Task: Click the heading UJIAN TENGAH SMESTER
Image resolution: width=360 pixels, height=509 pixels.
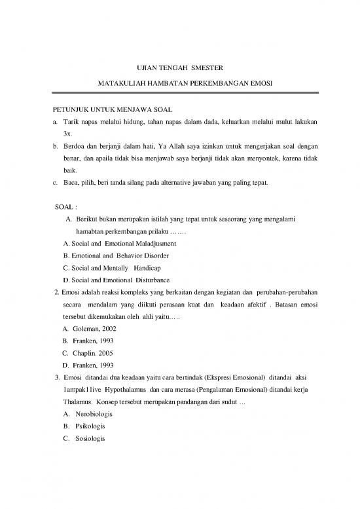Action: point(179,67)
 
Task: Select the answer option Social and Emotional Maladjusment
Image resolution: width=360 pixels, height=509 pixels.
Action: point(119,243)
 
